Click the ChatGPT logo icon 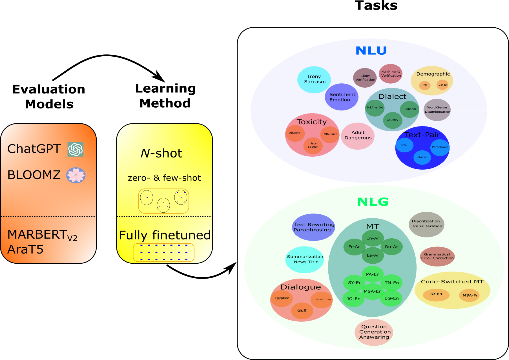pos(76,149)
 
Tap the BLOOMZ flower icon pos(76,175)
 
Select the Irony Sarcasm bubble pos(314,79)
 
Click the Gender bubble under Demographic pos(442,85)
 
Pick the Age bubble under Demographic pos(424,85)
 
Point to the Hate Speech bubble pos(313,145)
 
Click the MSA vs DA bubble pos(375,108)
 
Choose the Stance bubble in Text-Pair pos(422,157)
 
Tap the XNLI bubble pos(404,145)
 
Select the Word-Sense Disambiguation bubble pos(437,110)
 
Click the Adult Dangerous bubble pos(358,135)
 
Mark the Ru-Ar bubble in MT pos(391,247)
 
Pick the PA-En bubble pos(373,274)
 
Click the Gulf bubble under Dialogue pos(302,310)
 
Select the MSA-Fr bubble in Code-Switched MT pos(470,295)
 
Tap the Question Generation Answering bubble pos(374,332)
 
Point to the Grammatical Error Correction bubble pos(437,256)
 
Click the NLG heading pos(373,202)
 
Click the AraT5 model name pos(25,250)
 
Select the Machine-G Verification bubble pos(391,74)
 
